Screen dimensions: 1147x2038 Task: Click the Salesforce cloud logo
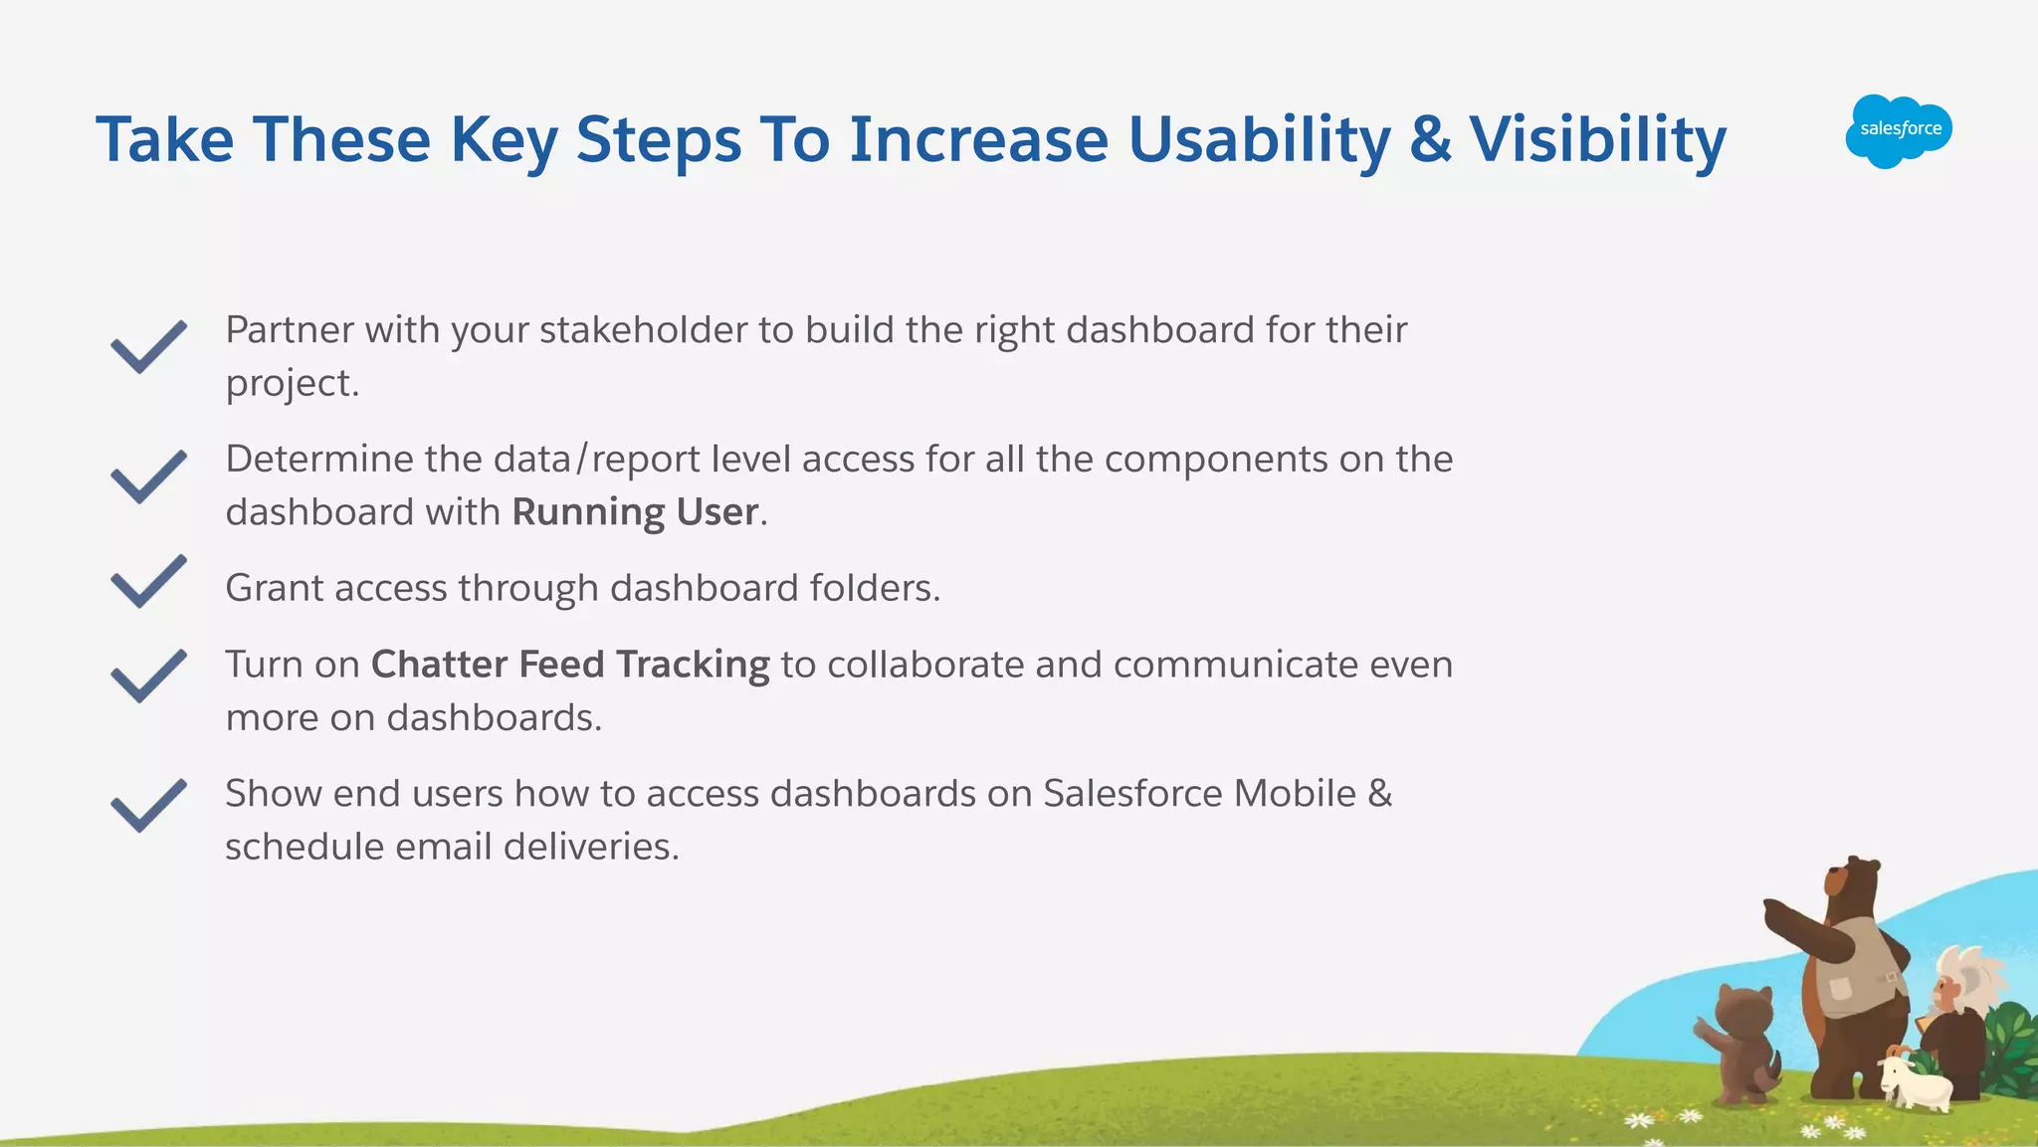pyautogui.click(x=1899, y=130)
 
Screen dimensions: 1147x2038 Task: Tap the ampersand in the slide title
pyautogui.click(x=1431, y=139)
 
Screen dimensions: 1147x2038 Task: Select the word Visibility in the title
pyautogui.click(x=1597, y=139)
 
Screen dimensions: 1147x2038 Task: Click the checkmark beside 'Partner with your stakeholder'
pyautogui.click(x=147, y=347)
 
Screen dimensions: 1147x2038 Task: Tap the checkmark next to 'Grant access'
pyautogui.click(x=147, y=581)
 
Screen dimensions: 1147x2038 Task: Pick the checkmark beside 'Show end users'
pyautogui.click(x=147, y=805)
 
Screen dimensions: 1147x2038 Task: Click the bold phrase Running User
pyautogui.click(x=635, y=512)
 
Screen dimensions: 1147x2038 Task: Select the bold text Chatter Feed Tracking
pyautogui.click(x=570, y=665)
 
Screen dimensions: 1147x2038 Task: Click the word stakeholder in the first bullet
pyautogui.click(x=643, y=330)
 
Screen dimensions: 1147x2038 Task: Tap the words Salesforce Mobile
pyautogui.click(x=1199, y=794)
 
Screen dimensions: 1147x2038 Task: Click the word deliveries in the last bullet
pyautogui.click(x=590, y=847)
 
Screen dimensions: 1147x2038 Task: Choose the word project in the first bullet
pyautogui.click(x=290, y=384)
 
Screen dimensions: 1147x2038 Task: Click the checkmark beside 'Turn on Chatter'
pyautogui.click(x=147, y=675)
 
